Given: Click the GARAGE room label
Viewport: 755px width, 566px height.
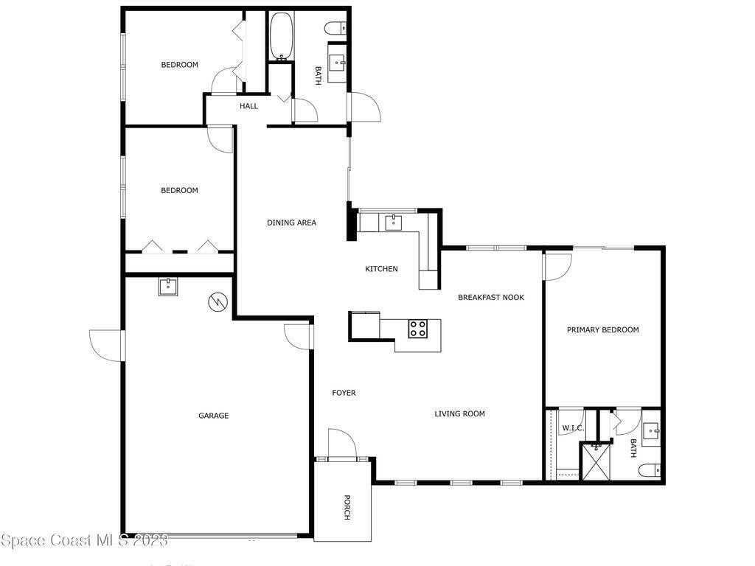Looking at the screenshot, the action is point(213,416).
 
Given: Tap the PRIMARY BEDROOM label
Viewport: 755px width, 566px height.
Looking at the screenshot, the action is point(603,329).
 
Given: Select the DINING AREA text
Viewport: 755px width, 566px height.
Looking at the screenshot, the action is point(291,223).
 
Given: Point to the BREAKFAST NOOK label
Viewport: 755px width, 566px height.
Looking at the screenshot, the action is point(490,297).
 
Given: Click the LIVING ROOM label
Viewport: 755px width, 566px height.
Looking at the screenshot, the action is point(459,413).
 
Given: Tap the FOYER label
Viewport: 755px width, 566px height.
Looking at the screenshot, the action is point(344,393).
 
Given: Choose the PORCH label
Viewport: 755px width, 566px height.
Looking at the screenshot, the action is point(347,507).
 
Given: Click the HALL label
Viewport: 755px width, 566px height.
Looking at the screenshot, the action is point(249,106).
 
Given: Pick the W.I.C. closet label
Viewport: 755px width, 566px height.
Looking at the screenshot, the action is point(573,428).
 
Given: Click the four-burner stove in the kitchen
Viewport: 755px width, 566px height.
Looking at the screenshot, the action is point(417,329).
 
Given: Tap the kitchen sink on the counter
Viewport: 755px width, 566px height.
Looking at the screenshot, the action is point(394,223).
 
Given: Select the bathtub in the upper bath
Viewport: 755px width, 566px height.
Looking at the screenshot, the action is point(280,37).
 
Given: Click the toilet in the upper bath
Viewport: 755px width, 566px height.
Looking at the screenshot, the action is point(336,29).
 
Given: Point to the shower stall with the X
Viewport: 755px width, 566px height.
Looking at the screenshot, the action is point(596,462).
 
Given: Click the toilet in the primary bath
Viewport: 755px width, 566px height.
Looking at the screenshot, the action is point(650,469).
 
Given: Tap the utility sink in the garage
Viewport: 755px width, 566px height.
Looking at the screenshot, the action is point(168,287).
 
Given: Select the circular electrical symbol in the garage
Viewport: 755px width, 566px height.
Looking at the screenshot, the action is point(218,302).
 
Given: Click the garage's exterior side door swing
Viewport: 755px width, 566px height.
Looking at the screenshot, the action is point(105,346).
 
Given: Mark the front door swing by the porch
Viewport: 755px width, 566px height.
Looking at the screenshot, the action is point(342,443).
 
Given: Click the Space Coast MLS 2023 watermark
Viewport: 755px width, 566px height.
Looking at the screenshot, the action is point(84,540).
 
